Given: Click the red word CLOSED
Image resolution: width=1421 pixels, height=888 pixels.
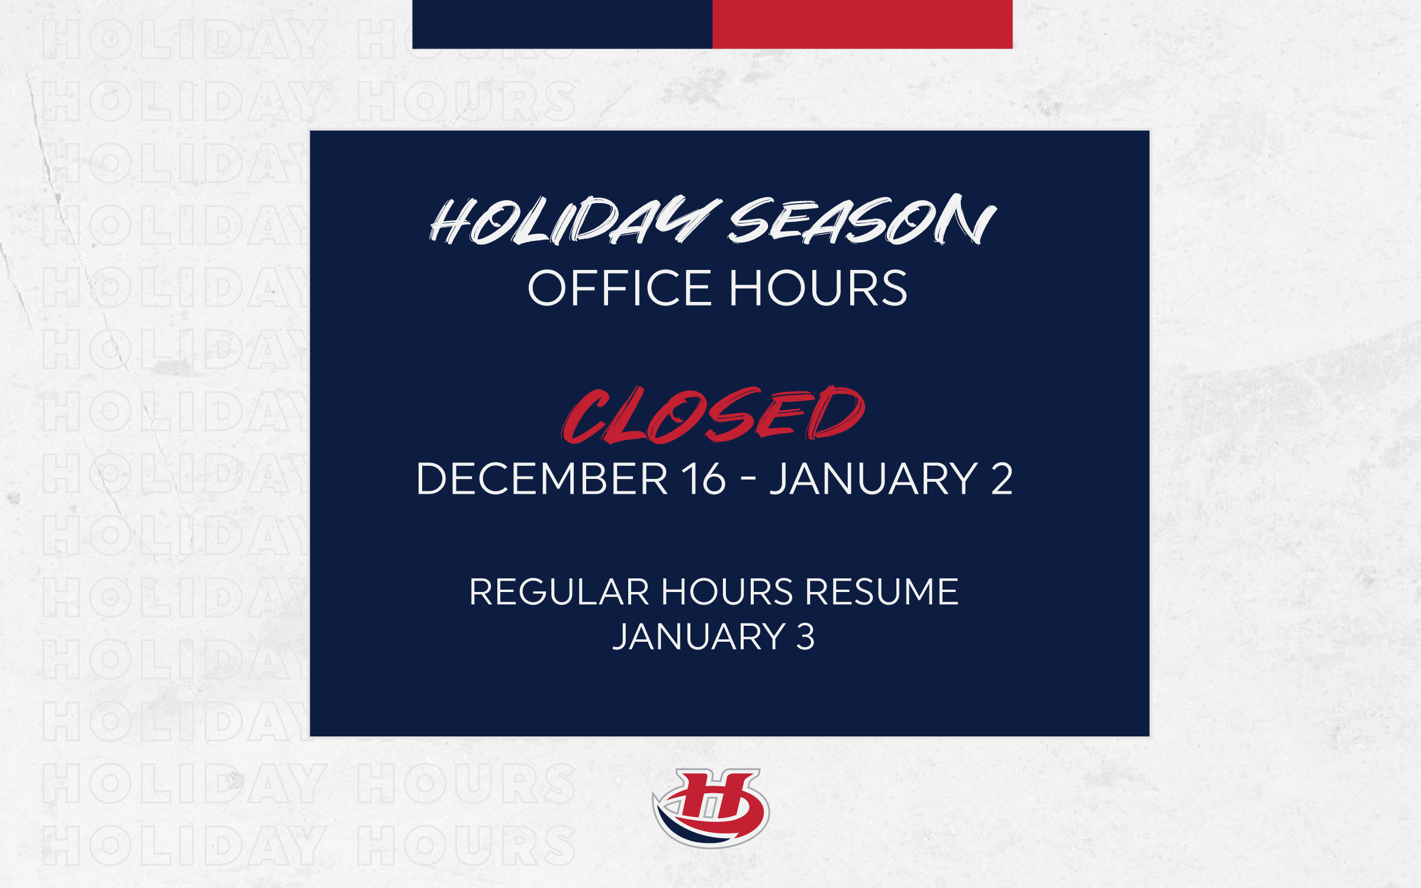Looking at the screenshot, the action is [713, 414].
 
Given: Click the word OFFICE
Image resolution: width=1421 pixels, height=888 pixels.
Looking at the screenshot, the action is [619, 288].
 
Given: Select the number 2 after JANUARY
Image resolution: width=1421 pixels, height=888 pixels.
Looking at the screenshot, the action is [1002, 478].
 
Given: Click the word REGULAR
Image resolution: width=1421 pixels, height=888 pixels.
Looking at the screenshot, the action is [560, 592].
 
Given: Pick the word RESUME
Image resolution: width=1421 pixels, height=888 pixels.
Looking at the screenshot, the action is [882, 592].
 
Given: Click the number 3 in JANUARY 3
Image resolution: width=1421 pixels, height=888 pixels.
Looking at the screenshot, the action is [805, 637].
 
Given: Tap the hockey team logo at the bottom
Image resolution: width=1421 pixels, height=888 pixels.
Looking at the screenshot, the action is [710, 807].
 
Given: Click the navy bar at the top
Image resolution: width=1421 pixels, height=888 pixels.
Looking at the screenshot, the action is [562, 24].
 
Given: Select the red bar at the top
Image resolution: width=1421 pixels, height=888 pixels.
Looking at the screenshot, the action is [863, 24].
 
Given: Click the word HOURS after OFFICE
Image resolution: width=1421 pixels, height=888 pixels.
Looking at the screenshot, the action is [818, 288].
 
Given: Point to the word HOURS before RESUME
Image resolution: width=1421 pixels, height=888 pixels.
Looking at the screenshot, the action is [727, 592].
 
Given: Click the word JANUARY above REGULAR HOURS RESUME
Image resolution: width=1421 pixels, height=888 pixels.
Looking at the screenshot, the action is [873, 478].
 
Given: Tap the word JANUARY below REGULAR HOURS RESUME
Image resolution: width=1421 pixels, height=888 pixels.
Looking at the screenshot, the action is [699, 637].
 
